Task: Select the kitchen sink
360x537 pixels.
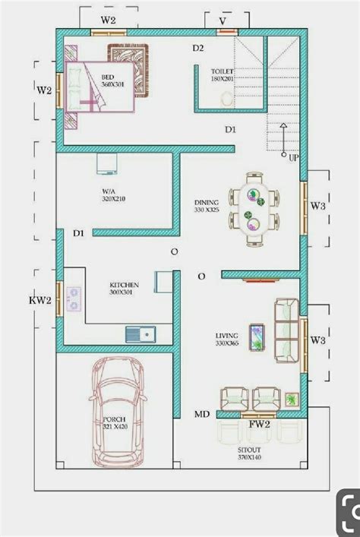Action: (140, 333)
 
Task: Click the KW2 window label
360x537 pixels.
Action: (40, 301)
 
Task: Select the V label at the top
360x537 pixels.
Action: (222, 21)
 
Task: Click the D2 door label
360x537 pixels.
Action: (198, 49)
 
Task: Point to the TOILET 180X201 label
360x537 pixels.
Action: (223, 74)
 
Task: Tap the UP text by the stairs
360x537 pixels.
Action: (293, 158)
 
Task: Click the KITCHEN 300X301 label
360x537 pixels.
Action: (124, 288)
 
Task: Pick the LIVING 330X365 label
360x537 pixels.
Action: (227, 339)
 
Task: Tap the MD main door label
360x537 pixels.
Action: (202, 414)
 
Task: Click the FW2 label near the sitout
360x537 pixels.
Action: (260, 425)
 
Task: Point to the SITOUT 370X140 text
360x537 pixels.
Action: (248, 454)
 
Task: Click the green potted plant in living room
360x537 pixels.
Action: (292, 399)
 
